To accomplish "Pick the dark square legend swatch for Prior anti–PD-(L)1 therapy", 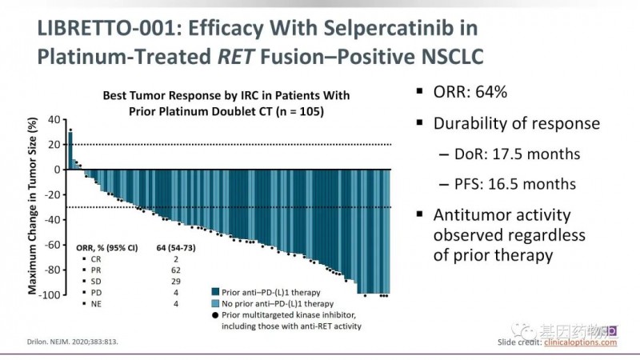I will click(215, 291).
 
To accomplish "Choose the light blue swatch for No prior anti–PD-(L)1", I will click(215, 304).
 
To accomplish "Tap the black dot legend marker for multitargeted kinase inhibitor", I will click(215, 317).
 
